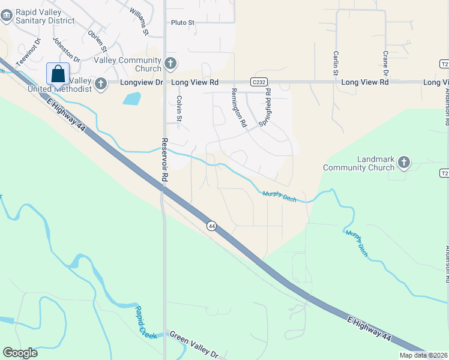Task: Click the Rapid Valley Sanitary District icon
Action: [7, 16]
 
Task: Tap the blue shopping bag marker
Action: [58, 74]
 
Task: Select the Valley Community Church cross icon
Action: [170, 62]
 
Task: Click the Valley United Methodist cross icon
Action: [101, 84]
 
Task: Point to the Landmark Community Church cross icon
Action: [404, 162]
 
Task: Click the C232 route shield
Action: [259, 82]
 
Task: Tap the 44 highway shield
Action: [211, 226]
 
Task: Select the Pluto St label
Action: [183, 23]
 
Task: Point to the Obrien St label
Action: [97, 41]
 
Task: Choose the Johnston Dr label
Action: [67, 50]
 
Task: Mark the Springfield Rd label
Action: [265, 107]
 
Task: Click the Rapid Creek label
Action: [146, 322]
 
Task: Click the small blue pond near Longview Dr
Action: [132, 98]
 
